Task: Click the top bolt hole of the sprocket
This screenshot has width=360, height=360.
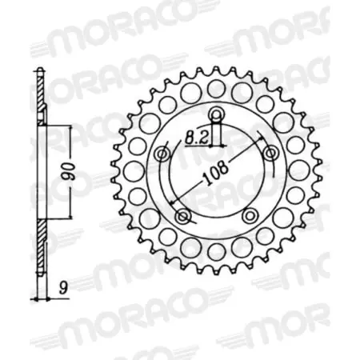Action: pos(218,113)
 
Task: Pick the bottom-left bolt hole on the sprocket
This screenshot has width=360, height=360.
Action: pos(182,216)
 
